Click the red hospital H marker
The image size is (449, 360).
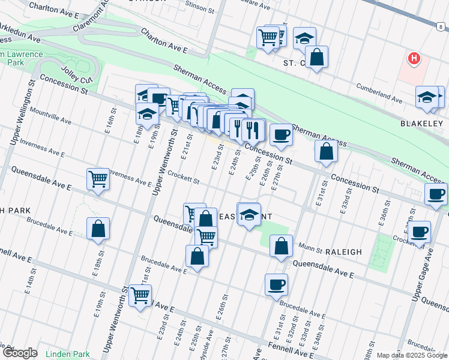click(x=414, y=59)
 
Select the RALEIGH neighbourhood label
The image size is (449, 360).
click(x=344, y=252)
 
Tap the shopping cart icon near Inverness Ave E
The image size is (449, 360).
click(x=98, y=178)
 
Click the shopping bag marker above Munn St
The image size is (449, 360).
click(x=281, y=245)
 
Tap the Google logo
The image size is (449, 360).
click(x=20, y=353)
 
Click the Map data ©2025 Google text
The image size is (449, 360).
click(x=412, y=355)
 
